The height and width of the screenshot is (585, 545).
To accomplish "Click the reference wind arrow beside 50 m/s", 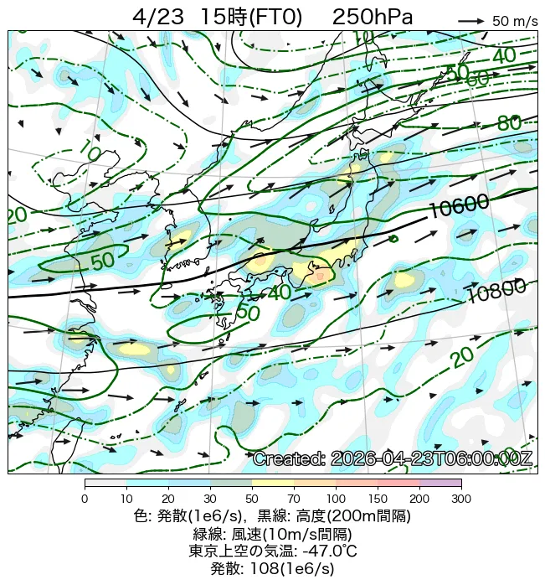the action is point(471,21).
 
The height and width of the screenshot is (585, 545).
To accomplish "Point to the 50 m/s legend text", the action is point(515,21).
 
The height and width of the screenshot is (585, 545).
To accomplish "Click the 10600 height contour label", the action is point(459,205).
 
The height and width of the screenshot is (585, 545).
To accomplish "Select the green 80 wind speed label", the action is point(509,123).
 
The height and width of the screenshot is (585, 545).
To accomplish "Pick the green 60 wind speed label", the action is point(478,78).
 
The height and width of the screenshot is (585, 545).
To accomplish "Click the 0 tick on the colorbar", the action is point(85,500).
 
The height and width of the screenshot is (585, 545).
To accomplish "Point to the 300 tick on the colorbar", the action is point(461,500).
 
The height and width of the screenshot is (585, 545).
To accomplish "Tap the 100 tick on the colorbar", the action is point(336,500).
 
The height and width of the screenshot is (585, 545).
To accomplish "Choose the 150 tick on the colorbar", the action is point(378,500).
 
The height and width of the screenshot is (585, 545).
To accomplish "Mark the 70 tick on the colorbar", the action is point(294,500).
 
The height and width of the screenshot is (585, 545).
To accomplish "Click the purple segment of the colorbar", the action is point(440,484).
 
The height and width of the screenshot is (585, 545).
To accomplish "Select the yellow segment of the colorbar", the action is point(273,484).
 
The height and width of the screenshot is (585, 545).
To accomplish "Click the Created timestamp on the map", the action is point(392,459).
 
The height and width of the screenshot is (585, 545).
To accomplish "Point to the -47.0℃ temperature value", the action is point(329,551).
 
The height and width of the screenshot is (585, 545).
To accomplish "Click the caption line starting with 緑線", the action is point(272,533).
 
